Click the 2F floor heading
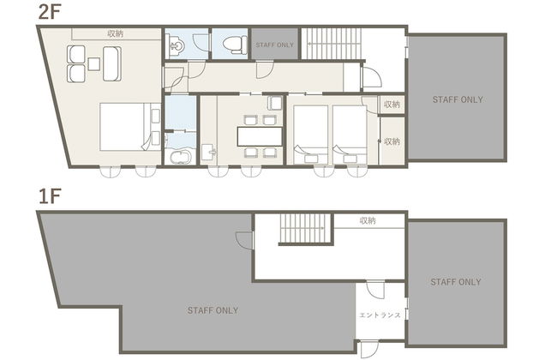pos(50,13)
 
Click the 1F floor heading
pos(50,196)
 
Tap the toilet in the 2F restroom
pos(235,45)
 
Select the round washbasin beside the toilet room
pos(177,45)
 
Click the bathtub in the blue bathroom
pos(181,156)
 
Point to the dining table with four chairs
pos(260,136)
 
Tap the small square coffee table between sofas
pos(93,64)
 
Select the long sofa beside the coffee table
pos(112,63)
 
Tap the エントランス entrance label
pos(380,315)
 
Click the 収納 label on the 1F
pos(368,220)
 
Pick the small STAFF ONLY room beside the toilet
pos(274,45)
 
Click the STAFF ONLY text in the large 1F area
pos(213,310)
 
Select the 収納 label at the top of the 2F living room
pos(116,33)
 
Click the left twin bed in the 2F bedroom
pos(311,135)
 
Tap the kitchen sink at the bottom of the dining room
pos(209,153)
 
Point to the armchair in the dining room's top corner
pos(274,103)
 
